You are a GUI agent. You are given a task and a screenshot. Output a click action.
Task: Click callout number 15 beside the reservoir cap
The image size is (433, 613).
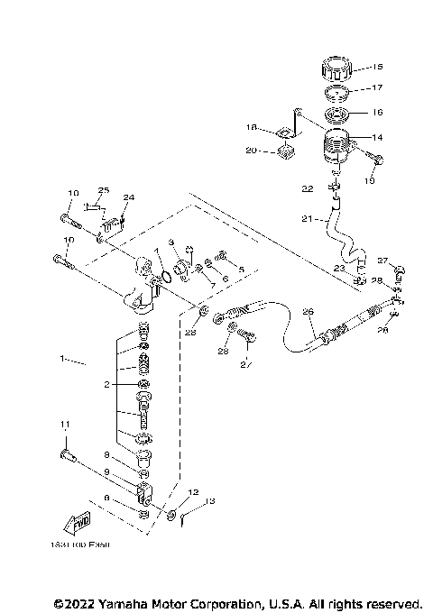(377, 67)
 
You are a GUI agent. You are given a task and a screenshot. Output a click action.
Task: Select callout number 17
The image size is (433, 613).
(377, 88)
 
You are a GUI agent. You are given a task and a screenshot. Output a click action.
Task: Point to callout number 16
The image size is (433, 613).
(377, 112)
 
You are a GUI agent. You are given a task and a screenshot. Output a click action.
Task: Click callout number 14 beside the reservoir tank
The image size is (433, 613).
(377, 136)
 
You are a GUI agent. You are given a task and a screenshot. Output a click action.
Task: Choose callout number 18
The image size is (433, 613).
(253, 127)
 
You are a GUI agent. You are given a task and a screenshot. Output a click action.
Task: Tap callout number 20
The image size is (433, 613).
(253, 151)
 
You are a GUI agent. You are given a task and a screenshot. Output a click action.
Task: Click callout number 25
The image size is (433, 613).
(104, 190)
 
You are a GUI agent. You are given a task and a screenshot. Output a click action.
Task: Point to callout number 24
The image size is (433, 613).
(128, 197)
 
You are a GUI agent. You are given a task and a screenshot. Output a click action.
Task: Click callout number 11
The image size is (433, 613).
(64, 425)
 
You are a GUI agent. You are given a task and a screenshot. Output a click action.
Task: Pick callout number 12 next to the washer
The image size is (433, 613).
(193, 492)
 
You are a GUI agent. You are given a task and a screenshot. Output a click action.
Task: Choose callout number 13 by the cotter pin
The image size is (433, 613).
(210, 501)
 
